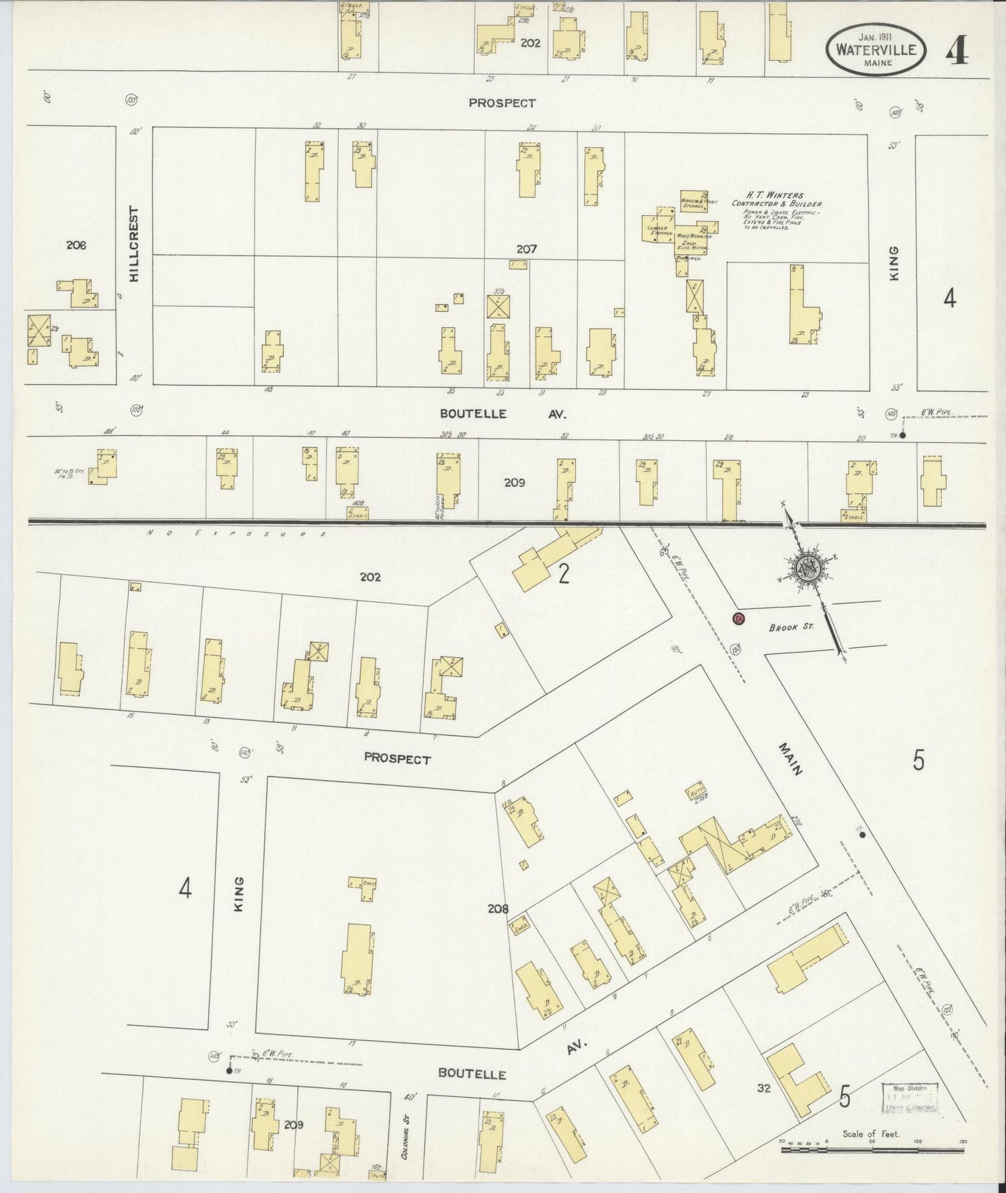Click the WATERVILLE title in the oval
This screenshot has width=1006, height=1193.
pos(876,49)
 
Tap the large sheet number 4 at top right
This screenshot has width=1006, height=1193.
pos(957,49)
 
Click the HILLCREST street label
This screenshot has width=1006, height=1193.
pos(134,244)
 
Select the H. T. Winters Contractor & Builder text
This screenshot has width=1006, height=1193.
pos(776,200)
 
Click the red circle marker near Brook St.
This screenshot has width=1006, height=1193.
pos(739,619)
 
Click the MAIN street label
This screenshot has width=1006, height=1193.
pos(791,759)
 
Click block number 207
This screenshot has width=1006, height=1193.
pos(526,248)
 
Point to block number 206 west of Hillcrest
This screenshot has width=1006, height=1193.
pos(76,245)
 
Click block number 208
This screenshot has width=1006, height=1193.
pos(498,908)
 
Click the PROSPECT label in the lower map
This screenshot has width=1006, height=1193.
pos(397,759)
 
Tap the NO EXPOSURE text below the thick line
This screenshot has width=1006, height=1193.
pos(237,534)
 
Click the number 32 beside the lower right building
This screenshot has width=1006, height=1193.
pos(764,1089)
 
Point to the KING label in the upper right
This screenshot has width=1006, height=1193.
pos(894,263)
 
